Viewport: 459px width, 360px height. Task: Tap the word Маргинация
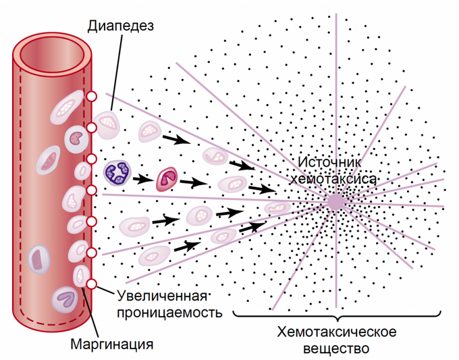click(x=111, y=344)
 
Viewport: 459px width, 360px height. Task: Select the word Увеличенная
click(x=161, y=297)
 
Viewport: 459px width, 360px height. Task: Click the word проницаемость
click(x=169, y=314)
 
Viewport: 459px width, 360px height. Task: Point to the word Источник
click(x=330, y=163)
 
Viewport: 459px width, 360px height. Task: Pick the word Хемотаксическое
click(x=336, y=332)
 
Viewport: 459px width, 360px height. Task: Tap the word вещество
click(x=336, y=349)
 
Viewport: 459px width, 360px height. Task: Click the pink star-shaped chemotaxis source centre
click(x=335, y=201)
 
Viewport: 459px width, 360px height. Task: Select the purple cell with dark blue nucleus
click(x=117, y=172)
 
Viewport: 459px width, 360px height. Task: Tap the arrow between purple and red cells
click(x=142, y=180)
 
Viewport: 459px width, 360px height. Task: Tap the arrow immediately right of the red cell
click(x=192, y=182)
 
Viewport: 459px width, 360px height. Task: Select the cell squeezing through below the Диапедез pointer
click(x=107, y=122)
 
